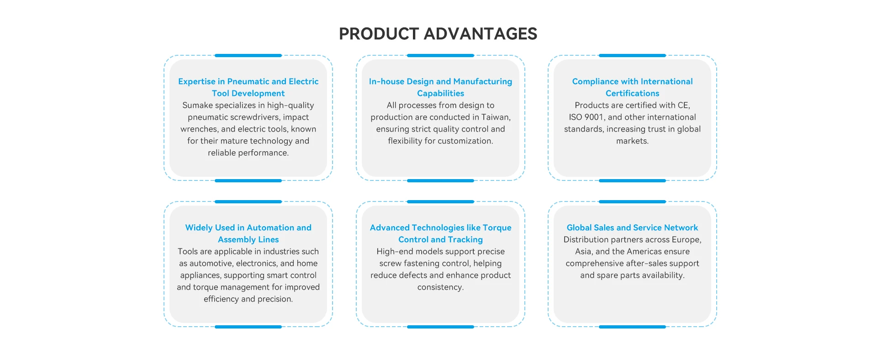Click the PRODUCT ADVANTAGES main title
pyautogui.click(x=438, y=34)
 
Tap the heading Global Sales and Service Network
pyautogui.click(x=632, y=228)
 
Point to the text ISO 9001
pyautogui.click(x=586, y=117)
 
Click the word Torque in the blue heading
pyautogui.click(x=497, y=228)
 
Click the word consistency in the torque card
pyautogui.click(x=439, y=287)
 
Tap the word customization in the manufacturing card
pyautogui.click(x=463, y=141)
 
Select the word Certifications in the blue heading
pyautogui.click(x=632, y=93)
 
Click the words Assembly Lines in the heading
pyautogui.click(x=248, y=239)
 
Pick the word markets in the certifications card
pyautogui.click(x=631, y=141)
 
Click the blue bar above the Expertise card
pyautogui.click(x=248, y=55)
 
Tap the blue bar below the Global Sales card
pyautogui.click(x=632, y=327)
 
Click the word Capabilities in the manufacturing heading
pyautogui.click(x=440, y=93)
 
